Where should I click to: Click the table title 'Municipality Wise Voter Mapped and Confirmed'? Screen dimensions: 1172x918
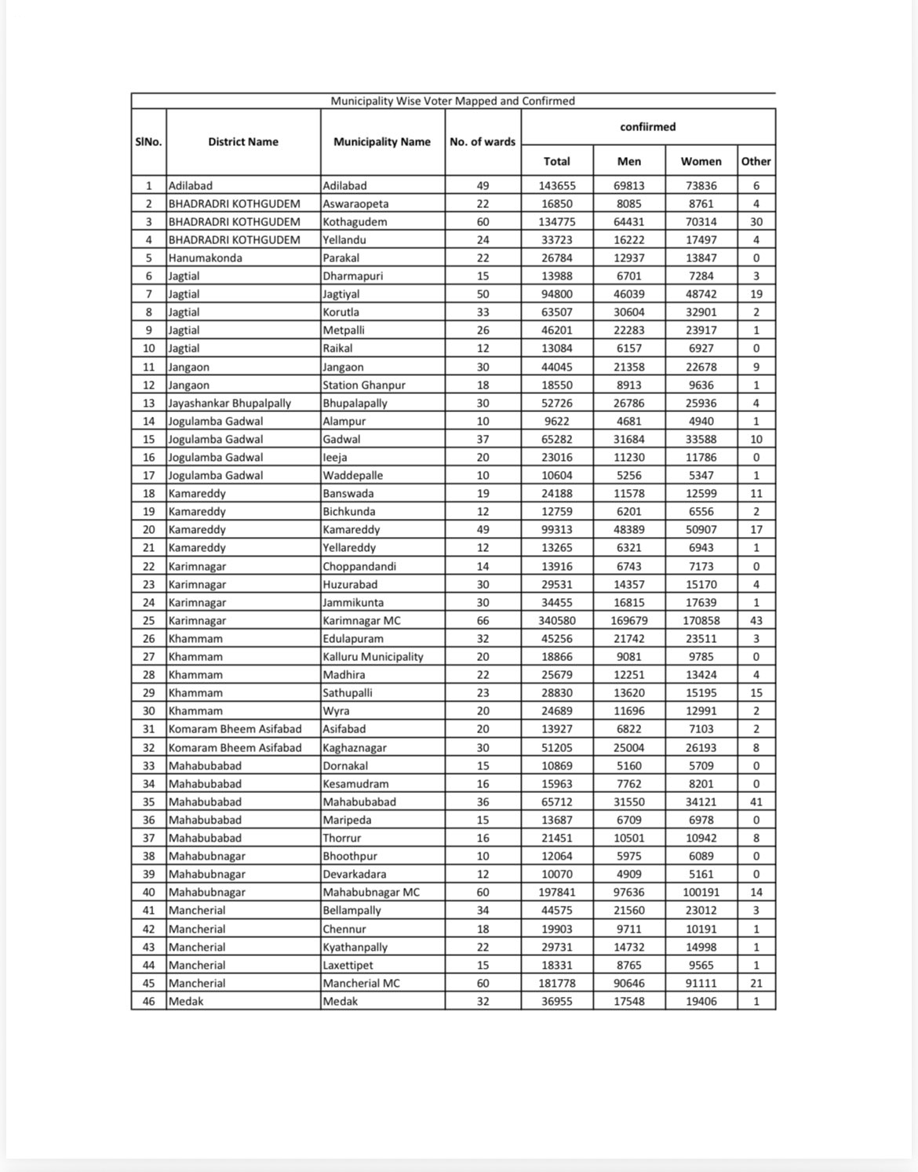tap(453, 101)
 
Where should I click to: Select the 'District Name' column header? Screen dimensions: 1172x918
tap(243, 142)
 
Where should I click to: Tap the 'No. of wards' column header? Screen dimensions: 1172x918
tap(483, 142)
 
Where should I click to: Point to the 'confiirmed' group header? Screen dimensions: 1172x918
tap(647, 127)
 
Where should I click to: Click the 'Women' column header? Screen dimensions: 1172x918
tap(701, 162)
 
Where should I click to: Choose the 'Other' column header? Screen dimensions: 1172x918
tap(756, 162)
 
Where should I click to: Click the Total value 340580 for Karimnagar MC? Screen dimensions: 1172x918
tap(556, 621)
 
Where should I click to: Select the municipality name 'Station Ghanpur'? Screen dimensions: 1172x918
tap(364, 385)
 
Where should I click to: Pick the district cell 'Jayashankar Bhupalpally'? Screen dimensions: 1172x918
tap(230, 403)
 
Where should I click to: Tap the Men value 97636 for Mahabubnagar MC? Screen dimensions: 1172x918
tap(628, 893)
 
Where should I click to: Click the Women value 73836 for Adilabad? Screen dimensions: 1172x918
tap(701, 186)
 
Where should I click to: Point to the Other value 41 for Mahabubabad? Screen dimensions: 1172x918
tap(756, 802)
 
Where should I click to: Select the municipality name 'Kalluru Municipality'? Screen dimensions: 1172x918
tap(373, 657)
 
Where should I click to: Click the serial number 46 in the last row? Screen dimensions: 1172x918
tap(148, 1002)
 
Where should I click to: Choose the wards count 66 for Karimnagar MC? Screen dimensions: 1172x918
tap(483, 621)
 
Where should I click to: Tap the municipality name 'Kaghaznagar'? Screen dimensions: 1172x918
tap(355, 748)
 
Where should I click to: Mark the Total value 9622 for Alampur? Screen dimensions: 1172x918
tap(556, 422)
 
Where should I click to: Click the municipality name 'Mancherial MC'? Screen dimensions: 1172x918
tap(361, 984)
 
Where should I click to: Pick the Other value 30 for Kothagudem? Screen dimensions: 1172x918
tap(756, 222)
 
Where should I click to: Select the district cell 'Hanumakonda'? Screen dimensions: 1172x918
tap(206, 258)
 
